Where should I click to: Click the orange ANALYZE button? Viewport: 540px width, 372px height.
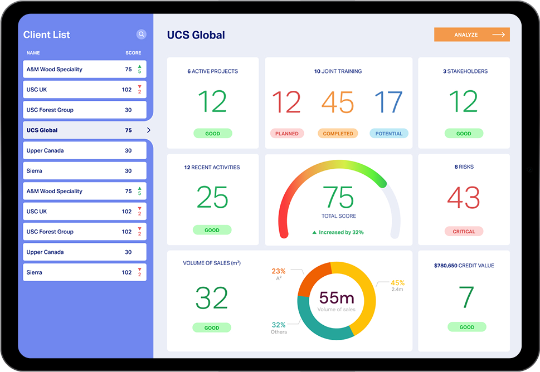click(471, 35)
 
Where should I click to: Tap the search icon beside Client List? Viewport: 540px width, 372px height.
click(142, 35)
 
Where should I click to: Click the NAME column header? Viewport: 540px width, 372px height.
click(33, 53)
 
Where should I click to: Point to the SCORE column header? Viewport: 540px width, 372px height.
click(133, 53)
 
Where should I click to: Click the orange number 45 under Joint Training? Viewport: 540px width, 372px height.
click(338, 103)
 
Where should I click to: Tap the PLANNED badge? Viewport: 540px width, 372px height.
click(287, 134)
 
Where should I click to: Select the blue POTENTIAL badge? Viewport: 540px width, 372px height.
click(388, 134)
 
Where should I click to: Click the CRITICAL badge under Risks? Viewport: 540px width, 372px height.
click(464, 231)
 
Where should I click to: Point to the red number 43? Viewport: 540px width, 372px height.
click(464, 198)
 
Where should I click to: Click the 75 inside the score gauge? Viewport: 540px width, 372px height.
click(338, 198)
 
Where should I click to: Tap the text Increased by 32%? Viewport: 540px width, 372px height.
click(341, 232)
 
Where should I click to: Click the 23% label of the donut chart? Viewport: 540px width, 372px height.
click(279, 271)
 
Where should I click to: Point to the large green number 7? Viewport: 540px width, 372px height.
click(466, 298)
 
